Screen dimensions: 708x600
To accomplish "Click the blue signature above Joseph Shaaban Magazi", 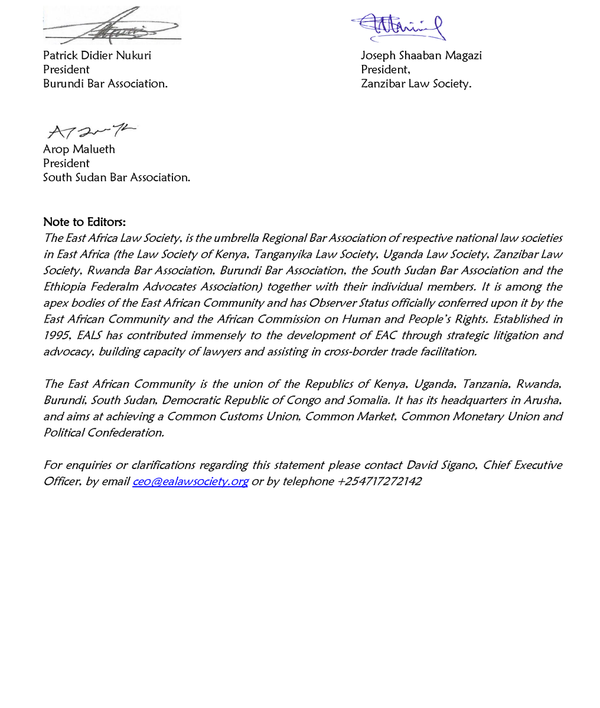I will [399, 27].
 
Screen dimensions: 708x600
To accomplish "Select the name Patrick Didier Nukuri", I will [97, 55].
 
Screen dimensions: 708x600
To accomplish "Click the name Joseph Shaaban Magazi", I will [421, 55].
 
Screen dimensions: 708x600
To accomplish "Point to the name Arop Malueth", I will [79, 149].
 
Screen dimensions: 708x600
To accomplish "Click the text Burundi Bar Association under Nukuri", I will [105, 84].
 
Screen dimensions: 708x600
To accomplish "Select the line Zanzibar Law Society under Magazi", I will [416, 84].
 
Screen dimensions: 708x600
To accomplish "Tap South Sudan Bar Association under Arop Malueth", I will [116, 178].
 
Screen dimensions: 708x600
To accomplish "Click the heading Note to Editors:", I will [84, 222].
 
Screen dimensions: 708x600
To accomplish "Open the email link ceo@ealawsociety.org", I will [190, 481].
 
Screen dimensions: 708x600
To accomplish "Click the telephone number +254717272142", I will [379, 481].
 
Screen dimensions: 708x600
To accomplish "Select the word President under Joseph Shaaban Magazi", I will [385, 70].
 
